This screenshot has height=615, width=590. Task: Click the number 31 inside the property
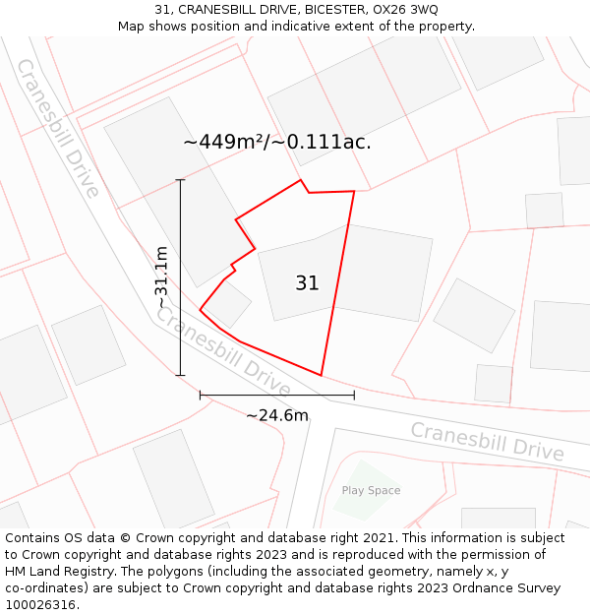click(x=307, y=283)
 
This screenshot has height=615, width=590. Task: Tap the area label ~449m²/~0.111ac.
click(x=277, y=142)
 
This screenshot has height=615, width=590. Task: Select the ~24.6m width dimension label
click(x=277, y=416)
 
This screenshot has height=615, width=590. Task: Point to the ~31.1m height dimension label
click(x=162, y=278)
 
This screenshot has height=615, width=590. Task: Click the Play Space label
click(x=371, y=490)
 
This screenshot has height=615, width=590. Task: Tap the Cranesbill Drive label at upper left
click(x=58, y=127)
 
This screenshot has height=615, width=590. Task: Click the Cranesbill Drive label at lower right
click(x=487, y=442)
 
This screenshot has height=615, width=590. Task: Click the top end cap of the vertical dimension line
click(x=180, y=180)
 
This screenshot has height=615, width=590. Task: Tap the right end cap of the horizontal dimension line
click(x=354, y=396)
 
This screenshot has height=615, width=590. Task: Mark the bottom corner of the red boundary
click(x=322, y=375)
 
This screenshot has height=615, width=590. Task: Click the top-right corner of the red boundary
click(x=353, y=191)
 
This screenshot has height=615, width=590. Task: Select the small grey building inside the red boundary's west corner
click(x=227, y=305)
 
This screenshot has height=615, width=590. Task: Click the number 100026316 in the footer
click(x=40, y=605)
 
